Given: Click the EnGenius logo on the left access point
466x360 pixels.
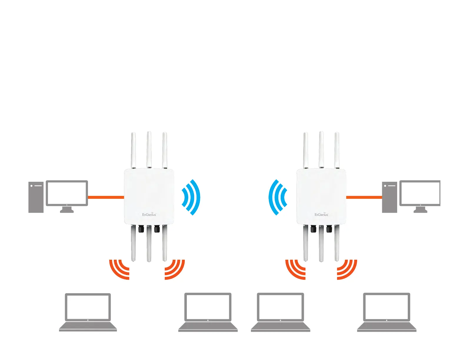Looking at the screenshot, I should click(x=149, y=214).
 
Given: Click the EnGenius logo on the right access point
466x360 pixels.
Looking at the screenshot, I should click(x=321, y=214).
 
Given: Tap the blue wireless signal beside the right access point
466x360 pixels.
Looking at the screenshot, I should click(x=277, y=197).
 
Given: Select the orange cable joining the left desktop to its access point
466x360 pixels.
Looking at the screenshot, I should click(x=106, y=197).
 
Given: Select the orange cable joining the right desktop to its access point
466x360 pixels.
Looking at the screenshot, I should click(x=364, y=197).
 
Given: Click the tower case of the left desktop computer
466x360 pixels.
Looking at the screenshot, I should click(x=36, y=197).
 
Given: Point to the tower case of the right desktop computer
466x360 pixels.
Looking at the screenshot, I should click(x=390, y=197).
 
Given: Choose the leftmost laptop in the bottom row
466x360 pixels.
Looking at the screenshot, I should click(x=88, y=312).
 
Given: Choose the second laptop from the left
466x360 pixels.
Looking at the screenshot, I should click(x=208, y=312).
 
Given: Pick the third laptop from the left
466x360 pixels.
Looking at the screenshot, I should click(x=280, y=312).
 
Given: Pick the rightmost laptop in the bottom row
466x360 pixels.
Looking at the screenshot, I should click(x=387, y=312).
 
